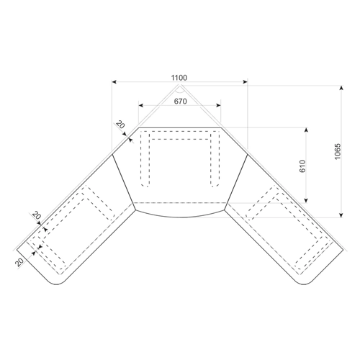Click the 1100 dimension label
pos(179,78)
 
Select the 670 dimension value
pos(180,102)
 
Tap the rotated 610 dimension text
pos(302,166)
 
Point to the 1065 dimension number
pos(337,151)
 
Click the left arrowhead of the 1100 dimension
pos(114,82)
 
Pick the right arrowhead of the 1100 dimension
pos(245,82)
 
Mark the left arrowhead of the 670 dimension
pos(141,105)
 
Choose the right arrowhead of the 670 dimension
pos(218,105)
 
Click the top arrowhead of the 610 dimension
pos(306,130)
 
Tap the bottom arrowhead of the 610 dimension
pos(306,200)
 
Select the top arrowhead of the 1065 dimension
pos(341,88)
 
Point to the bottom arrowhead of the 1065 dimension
pos(341,215)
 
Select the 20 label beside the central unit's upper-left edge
pos(120,125)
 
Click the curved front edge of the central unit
pos(180,217)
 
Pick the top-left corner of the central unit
pos(139,128)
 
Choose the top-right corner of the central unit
pos(221,128)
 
